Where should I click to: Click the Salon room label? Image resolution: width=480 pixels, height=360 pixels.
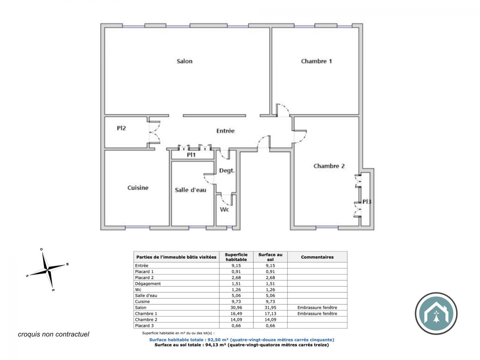[x=184, y=61]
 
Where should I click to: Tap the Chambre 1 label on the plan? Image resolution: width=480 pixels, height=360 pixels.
[x=316, y=61]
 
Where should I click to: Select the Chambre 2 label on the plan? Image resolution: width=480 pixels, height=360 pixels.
[x=329, y=166]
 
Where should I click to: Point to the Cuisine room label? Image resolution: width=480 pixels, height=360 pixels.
[x=138, y=188]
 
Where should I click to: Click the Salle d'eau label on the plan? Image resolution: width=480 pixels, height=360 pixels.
[x=190, y=190]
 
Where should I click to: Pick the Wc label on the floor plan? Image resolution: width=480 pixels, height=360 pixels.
[x=224, y=210]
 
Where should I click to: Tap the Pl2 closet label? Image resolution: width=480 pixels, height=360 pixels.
[x=121, y=128]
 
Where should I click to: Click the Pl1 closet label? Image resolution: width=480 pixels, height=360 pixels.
[x=191, y=155]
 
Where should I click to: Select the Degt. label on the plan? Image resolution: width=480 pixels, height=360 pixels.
[x=227, y=171]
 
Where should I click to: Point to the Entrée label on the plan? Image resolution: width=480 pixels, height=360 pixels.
[x=225, y=131]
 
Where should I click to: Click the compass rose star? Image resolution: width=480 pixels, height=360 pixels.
[x=47, y=270]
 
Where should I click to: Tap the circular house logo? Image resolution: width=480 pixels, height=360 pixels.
[x=436, y=313]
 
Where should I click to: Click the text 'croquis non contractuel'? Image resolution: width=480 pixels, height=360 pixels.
[x=54, y=334]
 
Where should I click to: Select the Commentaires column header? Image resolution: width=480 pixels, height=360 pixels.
[x=317, y=257]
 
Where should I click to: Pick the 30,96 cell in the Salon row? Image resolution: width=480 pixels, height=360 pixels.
[x=236, y=307]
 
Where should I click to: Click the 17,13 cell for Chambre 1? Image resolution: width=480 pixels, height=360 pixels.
[x=270, y=313]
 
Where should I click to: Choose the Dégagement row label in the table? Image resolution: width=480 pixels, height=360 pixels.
[x=148, y=284]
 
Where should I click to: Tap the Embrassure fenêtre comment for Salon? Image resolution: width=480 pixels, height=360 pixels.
[x=317, y=307]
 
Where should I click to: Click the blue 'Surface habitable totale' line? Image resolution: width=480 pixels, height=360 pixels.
[x=241, y=340]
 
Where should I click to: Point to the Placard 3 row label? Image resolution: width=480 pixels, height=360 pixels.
[x=144, y=325]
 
